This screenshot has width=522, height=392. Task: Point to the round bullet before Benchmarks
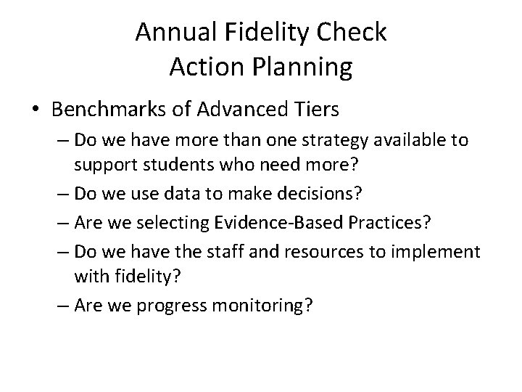click(37, 110)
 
